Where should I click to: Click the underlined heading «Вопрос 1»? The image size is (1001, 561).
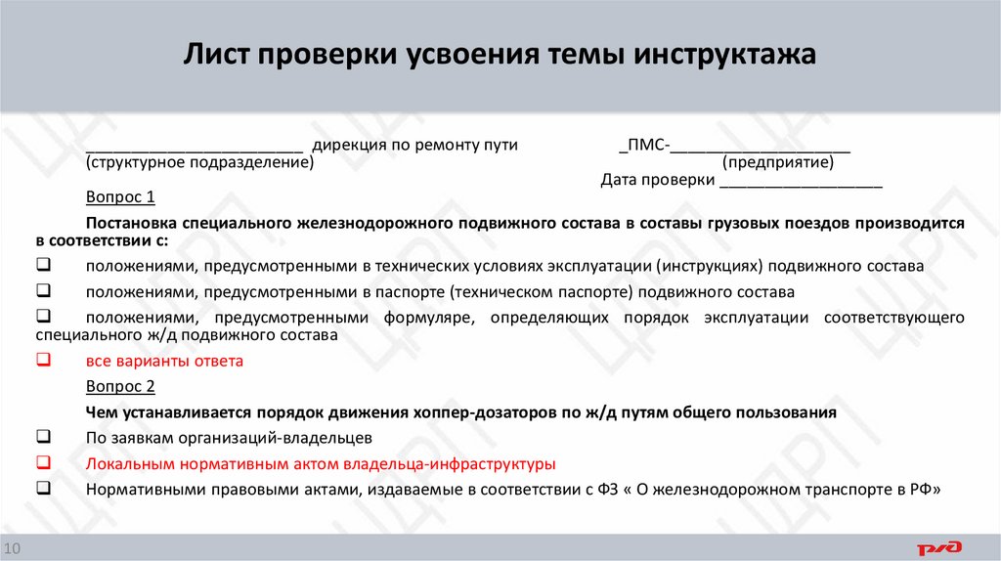tap(120, 196)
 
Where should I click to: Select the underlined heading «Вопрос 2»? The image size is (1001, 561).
tap(120, 386)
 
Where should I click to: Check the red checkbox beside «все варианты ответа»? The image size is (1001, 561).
tap(43, 360)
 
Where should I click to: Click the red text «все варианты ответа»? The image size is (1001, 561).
tap(163, 361)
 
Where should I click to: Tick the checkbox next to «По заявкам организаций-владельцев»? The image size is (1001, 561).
tap(43, 436)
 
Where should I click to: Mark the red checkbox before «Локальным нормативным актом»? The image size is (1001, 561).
tap(43, 462)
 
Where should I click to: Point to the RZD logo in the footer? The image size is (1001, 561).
tap(939, 547)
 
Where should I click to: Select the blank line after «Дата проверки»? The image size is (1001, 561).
tap(801, 183)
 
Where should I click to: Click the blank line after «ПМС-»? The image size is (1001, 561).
tap(760, 147)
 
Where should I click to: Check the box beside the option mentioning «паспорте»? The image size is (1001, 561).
tap(43, 290)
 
